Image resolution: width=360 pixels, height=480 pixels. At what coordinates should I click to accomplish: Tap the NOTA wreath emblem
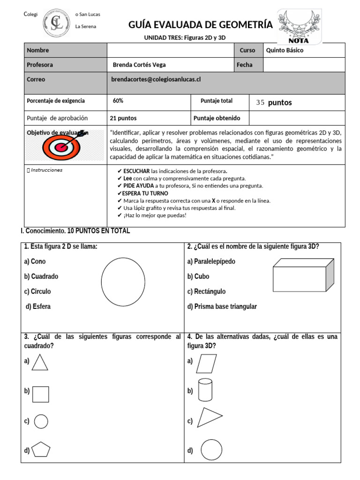pyautogui.click(x=299, y=25)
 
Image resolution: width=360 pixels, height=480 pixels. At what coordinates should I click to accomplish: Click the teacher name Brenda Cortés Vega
pyautogui.click(x=139, y=65)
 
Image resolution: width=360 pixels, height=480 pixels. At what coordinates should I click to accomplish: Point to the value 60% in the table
pyautogui.click(x=118, y=101)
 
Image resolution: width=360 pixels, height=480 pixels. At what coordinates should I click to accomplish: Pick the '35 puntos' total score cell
pyautogui.click(x=274, y=103)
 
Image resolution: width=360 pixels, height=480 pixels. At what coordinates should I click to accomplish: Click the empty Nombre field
pyautogui.click(x=170, y=50)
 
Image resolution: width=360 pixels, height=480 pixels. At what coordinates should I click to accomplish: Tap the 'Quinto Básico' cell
pyautogui.click(x=284, y=50)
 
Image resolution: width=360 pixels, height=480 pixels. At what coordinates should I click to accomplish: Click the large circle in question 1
pyautogui.click(x=123, y=281)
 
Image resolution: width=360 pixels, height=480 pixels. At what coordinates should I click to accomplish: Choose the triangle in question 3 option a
pyautogui.click(x=40, y=362)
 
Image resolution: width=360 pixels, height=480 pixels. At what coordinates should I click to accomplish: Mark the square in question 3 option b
pyautogui.click(x=41, y=394)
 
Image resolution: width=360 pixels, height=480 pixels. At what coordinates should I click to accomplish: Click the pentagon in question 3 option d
pyautogui.click(x=41, y=450)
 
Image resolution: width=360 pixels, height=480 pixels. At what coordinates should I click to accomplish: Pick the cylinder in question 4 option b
pyautogui.click(x=204, y=390)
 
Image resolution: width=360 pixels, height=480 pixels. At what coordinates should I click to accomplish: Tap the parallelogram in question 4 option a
pyautogui.click(x=207, y=363)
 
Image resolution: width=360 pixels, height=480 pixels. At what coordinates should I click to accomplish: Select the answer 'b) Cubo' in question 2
pyautogui.click(x=198, y=277)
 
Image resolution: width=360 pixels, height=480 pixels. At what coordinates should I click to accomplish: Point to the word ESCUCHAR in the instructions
pyautogui.click(x=136, y=171)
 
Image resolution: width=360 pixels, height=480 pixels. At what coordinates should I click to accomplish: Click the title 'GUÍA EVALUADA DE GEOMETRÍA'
pyautogui.click(x=200, y=25)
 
